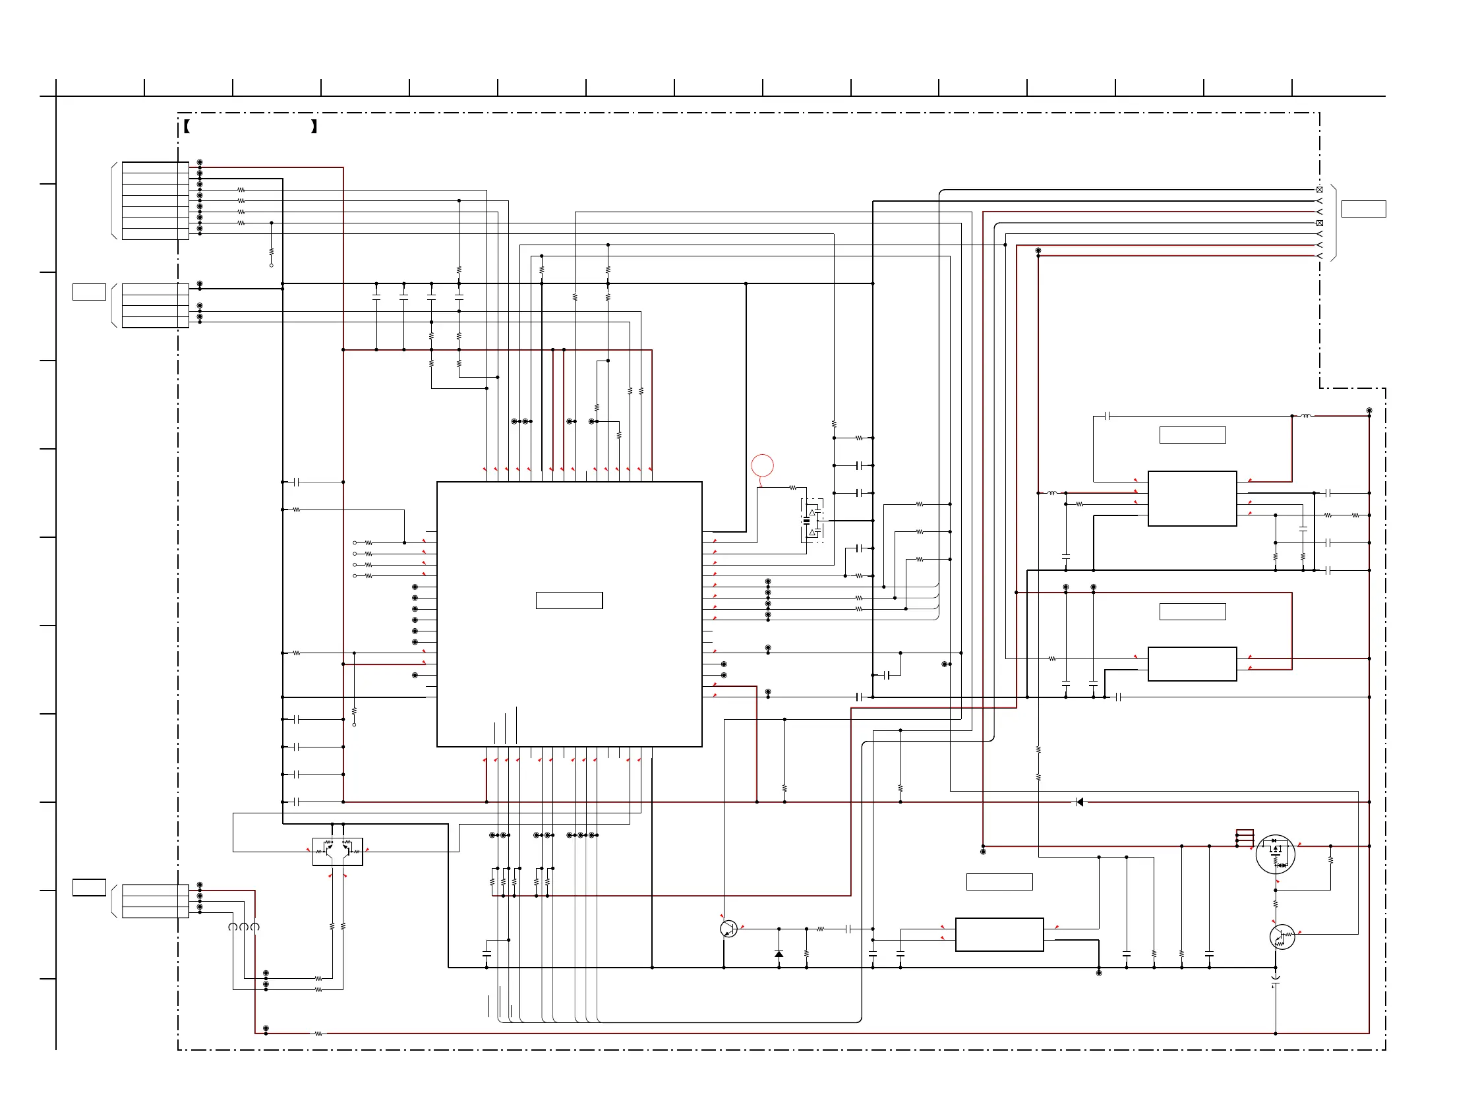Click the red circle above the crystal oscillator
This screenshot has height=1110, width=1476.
point(762,465)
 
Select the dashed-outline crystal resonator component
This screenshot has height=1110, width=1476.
point(812,520)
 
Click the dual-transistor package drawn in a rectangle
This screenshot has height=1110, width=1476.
point(338,851)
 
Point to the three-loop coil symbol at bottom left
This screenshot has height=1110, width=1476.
point(243,927)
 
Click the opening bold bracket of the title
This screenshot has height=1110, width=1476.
point(187,126)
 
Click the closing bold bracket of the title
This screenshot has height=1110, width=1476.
point(314,126)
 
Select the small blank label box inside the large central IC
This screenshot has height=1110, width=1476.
point(569,600)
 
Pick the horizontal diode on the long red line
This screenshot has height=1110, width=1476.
point(1080,802)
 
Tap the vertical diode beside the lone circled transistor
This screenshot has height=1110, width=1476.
point(779,954)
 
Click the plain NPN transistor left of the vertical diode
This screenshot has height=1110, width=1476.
point(728,928)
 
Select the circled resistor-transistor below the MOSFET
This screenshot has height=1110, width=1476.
point(1282,937)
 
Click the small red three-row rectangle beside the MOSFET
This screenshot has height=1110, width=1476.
point(1245,837)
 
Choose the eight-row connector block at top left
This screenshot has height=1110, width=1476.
point(156,200)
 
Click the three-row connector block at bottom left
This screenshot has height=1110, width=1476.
point(156,900)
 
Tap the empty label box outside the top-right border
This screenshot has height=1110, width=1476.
point(1363,209)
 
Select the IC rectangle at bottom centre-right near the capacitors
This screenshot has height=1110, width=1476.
point(999,934)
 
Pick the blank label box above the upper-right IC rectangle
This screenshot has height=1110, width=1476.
point(1193,435)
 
